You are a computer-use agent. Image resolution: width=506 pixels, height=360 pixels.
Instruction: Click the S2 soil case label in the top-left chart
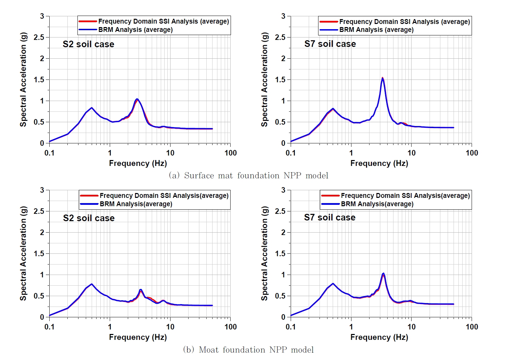tap(88, 44)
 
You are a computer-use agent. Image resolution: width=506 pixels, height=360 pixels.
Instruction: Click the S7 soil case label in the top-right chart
tap(330, 44)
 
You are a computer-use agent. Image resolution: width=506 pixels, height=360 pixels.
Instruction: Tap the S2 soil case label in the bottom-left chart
tap(89, 218)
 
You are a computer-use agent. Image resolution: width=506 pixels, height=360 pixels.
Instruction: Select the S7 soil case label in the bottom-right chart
tap(330, 217)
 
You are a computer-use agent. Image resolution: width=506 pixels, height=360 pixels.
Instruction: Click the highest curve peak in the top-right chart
tap(382, 78)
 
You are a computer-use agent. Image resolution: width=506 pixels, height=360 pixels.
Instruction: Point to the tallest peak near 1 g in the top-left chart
tap(137, 99)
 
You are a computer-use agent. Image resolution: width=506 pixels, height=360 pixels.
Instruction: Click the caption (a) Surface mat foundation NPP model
tap(248, 175)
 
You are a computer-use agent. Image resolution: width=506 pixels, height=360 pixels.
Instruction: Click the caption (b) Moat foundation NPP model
tap(248, 350)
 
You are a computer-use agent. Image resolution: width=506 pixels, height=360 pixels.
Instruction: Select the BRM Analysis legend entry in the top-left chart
tap(135, 30)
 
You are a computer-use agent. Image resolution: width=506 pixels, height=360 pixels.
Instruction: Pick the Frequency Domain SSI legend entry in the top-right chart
tap(404, 22)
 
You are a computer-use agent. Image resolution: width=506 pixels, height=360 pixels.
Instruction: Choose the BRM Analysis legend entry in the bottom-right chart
tap(377, 204)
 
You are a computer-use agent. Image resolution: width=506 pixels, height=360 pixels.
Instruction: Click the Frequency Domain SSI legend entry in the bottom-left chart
tap(164, 195)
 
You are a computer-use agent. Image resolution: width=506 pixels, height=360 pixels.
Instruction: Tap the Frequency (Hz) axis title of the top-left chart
tap(138, 163)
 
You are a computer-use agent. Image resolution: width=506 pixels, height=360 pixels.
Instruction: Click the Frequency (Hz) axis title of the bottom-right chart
tap(379, 337)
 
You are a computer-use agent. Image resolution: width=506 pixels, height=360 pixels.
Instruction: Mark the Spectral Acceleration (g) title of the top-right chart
tap(265, 79)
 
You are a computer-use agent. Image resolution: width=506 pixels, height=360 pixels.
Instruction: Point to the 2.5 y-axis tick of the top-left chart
tap(39, 37)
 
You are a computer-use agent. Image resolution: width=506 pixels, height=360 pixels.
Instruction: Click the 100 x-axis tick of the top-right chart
tap(472, 153)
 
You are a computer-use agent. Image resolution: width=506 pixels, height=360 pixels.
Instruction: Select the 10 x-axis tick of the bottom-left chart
tap(170, 327)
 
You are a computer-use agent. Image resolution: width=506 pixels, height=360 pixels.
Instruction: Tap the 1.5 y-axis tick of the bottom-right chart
tap(280, 253)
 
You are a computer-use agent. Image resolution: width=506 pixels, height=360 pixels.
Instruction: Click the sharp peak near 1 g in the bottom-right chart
tap(383, 274)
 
